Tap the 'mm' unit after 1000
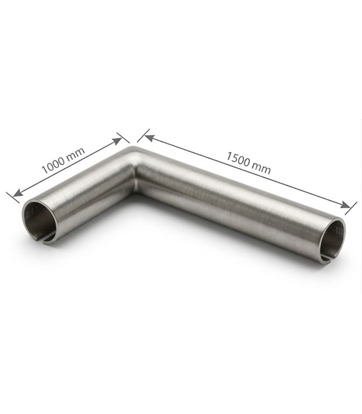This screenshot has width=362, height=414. [x=76, y=154]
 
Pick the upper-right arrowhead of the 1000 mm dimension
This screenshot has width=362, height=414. [x=117, y=141]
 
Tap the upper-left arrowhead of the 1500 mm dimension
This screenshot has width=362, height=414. [x=149, y=138]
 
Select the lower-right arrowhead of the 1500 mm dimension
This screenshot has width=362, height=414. [x=345, y=204]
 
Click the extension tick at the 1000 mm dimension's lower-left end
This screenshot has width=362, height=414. [x=12, y=198]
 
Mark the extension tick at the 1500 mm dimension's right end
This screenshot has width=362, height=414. [x=351, y=209]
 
